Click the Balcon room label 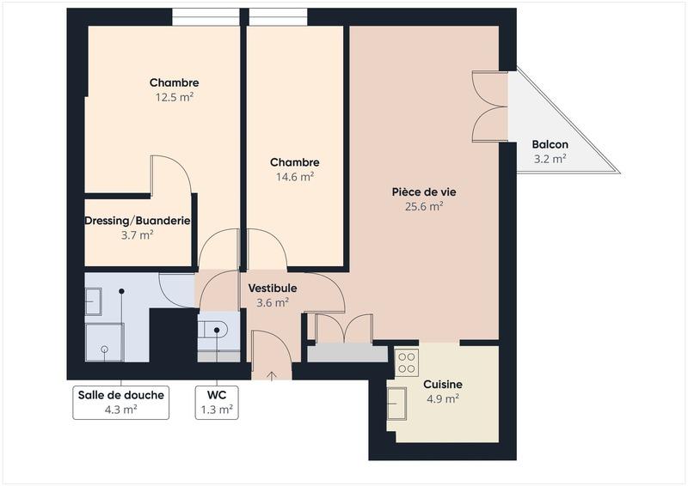(549, 144)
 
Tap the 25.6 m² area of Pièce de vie (424, 206)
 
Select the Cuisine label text (443, 385)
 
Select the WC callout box (217, 402)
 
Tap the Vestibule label (273, 288)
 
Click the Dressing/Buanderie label (138, 221)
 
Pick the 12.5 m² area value (175, 97)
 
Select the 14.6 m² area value (295, 176)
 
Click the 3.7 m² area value (138, 234)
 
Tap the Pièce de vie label (424, 191)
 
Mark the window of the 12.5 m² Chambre (206, 16)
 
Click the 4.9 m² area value (443, 398)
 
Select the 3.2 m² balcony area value (549, 159)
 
